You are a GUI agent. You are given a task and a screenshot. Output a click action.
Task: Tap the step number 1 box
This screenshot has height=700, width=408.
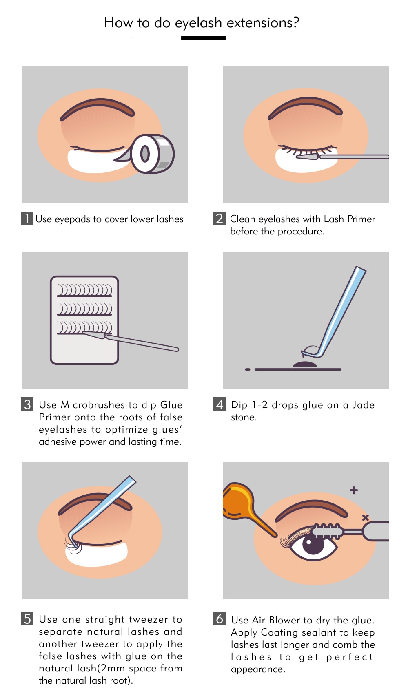pos(27,219)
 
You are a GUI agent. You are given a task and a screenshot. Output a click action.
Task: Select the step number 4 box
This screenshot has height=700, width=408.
pos(220,404)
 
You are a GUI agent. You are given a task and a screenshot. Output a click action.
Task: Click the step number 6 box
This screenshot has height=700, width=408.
pos(220,618)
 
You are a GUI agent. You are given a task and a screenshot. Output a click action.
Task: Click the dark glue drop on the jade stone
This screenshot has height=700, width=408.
pos(305,364)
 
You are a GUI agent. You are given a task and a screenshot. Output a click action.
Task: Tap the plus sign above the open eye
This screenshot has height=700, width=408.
pos(354,490)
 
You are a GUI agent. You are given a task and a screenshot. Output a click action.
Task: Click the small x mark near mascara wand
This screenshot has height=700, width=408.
pos(365,517)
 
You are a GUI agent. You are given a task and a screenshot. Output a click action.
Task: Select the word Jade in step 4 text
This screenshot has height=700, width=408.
pos(363,405)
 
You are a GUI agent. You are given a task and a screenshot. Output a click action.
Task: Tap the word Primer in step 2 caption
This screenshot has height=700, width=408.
pos(361,219)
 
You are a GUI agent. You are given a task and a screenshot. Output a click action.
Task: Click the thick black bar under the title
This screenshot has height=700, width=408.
pos(203,38)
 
